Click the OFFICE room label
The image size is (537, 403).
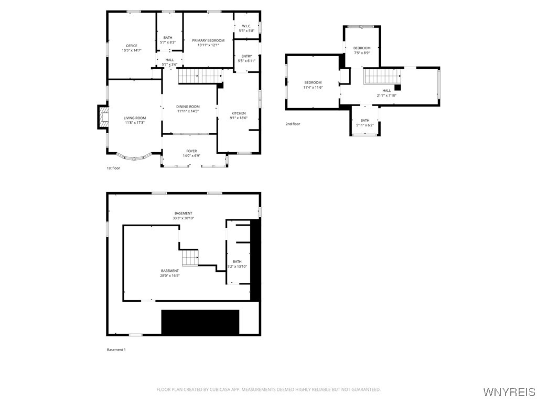[x=132, y=46]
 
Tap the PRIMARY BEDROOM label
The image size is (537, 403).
[x=208, y=40]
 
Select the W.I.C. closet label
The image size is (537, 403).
[x=246, y=26]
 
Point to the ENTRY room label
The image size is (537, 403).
[x=246, y=56]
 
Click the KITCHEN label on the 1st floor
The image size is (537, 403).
[x=239, y=113]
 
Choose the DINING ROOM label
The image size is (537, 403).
[x=188, y=107]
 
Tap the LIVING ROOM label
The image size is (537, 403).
[x=135, y=118]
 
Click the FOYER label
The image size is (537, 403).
[x=191, y=151]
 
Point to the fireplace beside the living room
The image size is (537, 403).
[x=103, y=117]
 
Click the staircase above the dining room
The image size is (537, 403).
[x=200, y=76]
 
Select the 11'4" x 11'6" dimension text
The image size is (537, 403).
[x=313, y=88]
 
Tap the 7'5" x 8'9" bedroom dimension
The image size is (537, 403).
[x=362, y=53]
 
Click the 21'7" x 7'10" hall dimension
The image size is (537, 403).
[x=386, y=96]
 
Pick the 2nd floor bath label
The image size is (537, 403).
[x=365, y=120]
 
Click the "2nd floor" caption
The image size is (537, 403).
[x=293, y=124]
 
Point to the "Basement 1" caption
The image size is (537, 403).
[x=116, y=349]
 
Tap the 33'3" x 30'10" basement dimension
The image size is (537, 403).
[x=183, y=218]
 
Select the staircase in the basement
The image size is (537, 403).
[x=190, y=258]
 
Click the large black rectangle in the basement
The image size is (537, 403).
[x=200, y=322]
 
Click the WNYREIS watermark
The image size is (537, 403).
[x=509, y=391]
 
